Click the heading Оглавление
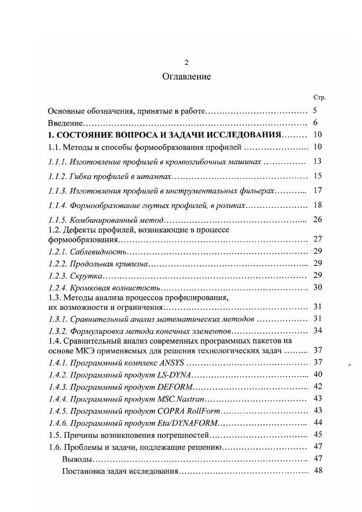(x=186, y=77)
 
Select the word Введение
(x=65, y=123)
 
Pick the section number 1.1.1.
(x=58, y=162)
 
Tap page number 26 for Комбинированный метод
(x=318, y=219)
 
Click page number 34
(x=318, y=330)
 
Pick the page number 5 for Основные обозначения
(x=315, y=111)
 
